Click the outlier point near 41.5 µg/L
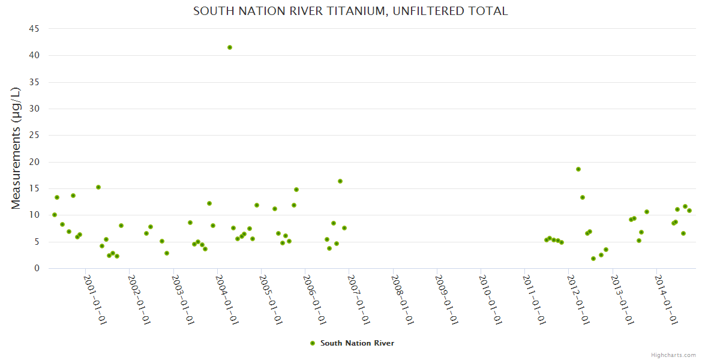pyautogui.click(x=230, y=47)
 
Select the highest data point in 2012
pyautogui.click(x=578, y=169)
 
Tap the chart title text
pyautogui.click(x=350, y=11)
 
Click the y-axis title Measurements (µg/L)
pyautogui.click(x=16, y=148)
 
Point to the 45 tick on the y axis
pyautogui.click(x=34, y=29)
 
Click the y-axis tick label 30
pyautogui.click(x=34, y=109)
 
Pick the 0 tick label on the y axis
pyautogui.click(x=37, y=268)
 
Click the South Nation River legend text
pyautogui.click(x=357, y=343)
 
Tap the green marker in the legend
pyautogui.click(x=312, y=343)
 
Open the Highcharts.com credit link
pyautogui.click(x=673, y=355)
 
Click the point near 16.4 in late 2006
pyautogui.click(x=340, y=181)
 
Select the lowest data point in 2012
pyautogui.click(x=593, y=259)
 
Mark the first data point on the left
pyautogui.click(x=55, y=215)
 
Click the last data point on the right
pyautogui.click(x=689, y=211)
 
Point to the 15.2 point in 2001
pyautogui.click(x=98, y=187)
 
